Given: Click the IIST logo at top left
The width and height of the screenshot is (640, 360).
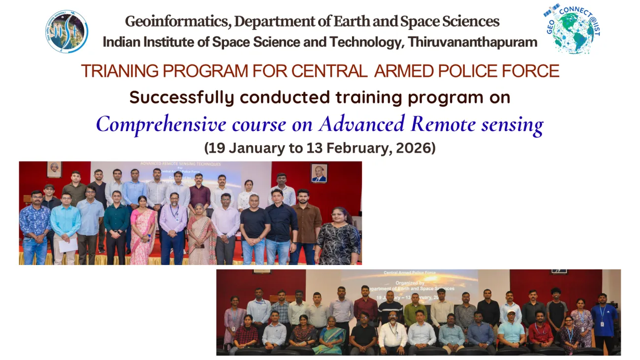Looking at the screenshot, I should [66, 32].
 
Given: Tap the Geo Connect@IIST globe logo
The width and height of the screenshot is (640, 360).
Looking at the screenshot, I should [573, 29].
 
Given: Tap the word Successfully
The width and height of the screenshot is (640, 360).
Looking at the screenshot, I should [181, 98].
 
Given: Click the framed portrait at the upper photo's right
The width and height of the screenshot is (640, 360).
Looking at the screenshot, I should [319, 173].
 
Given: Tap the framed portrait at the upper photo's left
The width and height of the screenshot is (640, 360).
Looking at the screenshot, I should [54, 169].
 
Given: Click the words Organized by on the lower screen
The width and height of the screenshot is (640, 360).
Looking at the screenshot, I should [410, 283].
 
